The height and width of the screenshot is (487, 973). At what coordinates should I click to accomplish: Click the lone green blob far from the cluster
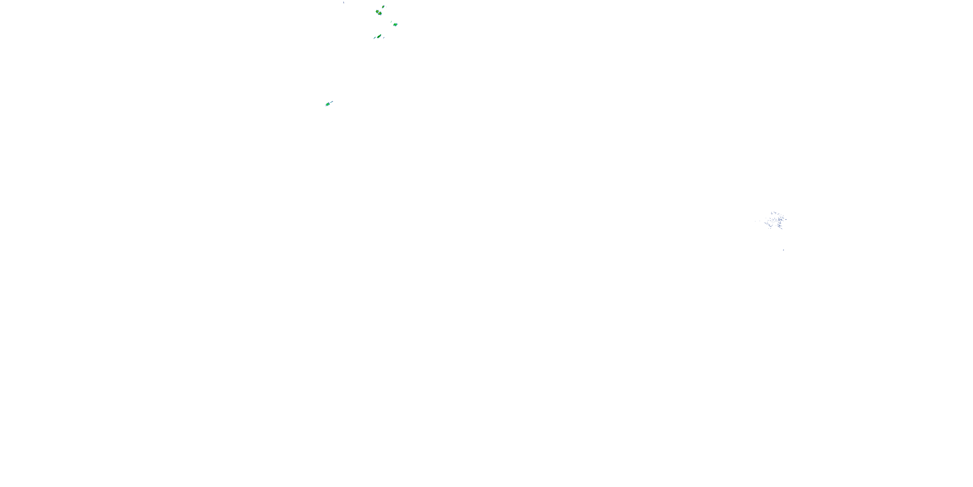(328, 104)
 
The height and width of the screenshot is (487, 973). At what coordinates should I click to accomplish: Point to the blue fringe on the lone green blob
(326, 105)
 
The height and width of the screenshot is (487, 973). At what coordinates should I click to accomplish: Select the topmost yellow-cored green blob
(383, 7)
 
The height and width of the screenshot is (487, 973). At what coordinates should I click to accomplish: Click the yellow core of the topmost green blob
(383, 7)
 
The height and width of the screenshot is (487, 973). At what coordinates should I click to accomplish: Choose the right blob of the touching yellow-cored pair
(380, 14)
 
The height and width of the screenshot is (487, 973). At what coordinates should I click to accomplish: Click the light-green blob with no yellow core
(395, 25)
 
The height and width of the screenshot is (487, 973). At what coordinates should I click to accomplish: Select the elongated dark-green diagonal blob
(379, 36)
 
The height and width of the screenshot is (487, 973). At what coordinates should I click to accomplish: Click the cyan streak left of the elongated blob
(375, 38)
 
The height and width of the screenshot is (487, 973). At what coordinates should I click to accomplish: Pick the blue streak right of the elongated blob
(384, 37)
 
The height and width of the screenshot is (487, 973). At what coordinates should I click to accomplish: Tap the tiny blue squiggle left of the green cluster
(343, 2)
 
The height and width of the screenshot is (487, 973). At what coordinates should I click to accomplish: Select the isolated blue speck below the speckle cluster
(783, 250)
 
